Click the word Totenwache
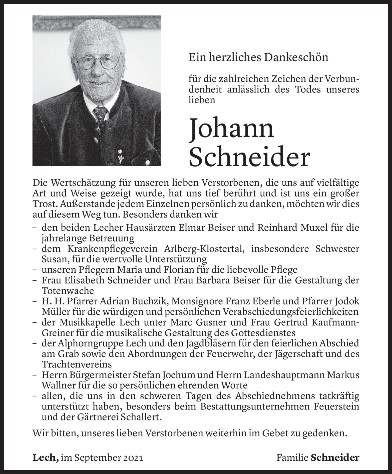68,291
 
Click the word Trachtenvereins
77,364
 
